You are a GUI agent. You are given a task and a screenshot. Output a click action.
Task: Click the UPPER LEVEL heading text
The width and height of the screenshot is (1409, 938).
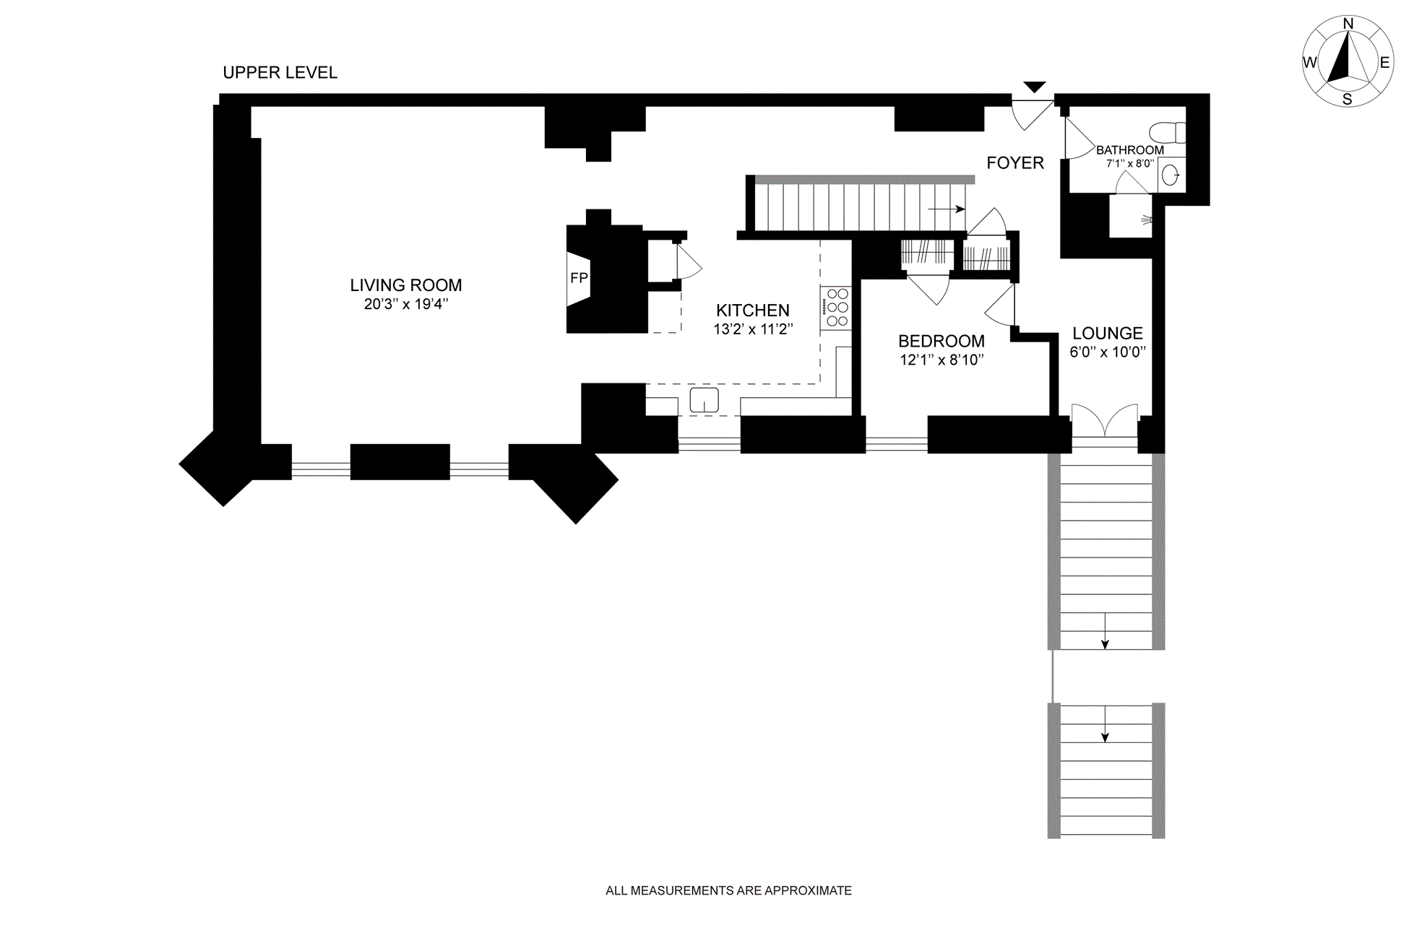(x=280, y=73)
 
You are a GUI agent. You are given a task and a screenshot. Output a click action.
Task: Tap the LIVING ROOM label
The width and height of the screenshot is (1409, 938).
(x=405, y=285)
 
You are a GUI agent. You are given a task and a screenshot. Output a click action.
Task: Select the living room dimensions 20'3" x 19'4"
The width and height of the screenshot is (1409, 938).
(x=405, y=305)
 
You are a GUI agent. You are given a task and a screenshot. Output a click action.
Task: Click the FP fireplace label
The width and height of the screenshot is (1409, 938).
(x=579, y=278)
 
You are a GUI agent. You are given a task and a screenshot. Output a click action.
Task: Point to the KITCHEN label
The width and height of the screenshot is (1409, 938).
(x=752, y=311)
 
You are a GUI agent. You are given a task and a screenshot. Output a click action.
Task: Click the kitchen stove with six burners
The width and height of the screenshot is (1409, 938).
(x=837, y=308)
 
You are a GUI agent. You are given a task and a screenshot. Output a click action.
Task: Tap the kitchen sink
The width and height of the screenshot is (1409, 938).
(x=704, y=400)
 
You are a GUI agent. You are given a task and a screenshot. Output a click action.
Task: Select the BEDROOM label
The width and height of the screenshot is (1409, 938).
(x=941, y=342)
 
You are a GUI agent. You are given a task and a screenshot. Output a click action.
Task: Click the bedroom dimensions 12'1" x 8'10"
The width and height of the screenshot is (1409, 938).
(x=941, y=360)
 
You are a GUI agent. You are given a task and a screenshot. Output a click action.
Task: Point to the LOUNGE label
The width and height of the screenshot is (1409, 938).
(x=1107, y=334)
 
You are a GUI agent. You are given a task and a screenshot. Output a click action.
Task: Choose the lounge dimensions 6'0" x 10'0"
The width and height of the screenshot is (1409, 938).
(x=1107, y=352)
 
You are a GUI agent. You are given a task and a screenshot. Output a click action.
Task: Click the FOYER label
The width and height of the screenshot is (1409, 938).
(x=1015, y=163)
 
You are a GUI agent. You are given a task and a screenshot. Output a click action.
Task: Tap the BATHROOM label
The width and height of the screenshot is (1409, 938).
(x=1129, y=150)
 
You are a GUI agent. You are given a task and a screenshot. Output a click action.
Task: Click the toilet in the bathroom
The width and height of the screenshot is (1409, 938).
(x=1167, y=133)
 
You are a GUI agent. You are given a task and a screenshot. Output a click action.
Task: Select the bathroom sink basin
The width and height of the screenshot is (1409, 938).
(x=1171, y=175)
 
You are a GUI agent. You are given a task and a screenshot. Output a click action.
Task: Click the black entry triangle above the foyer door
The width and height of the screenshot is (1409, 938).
(x=1035, y=87)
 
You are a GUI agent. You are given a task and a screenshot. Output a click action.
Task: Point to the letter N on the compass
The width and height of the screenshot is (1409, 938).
(x=1348, y=25)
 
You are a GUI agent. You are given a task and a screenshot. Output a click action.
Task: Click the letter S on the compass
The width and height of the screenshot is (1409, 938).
(x=1347, y=100)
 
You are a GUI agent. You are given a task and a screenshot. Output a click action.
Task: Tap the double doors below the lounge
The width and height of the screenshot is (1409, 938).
(x=1104, y=422)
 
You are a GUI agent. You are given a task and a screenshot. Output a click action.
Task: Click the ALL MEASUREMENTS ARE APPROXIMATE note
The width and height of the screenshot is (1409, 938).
(x=728, y=891)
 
